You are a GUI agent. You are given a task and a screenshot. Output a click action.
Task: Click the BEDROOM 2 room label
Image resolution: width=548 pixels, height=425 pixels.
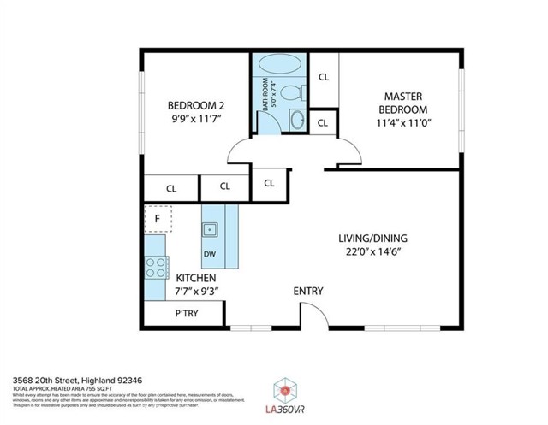(196, 107)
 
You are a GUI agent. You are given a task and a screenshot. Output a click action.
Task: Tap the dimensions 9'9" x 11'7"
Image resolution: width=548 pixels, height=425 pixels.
(196, 121)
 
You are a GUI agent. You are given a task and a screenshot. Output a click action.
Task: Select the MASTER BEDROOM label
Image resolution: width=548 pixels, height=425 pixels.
(403, 103)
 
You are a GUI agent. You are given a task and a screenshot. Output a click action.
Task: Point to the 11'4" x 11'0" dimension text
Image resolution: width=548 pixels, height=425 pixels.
(403, 123)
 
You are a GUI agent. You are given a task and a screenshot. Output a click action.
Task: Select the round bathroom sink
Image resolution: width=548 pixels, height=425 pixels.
(297, 121)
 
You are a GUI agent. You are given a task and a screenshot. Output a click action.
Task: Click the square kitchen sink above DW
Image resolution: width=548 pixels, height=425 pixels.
(210, 229)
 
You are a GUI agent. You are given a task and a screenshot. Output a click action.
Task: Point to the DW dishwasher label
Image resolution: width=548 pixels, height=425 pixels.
(210, 254)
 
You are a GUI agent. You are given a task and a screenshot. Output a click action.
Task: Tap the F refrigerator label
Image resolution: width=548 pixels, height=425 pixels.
(157, 219)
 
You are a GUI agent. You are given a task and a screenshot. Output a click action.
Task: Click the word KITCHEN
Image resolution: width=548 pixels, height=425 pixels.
(196, 278)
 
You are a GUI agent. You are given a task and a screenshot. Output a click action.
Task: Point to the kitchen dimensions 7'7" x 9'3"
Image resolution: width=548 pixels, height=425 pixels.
(196, 292)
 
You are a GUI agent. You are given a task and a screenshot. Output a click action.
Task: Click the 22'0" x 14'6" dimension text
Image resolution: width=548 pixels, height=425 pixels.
(372, 252)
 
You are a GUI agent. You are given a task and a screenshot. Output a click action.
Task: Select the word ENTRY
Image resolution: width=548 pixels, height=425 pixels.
(308, 292)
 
